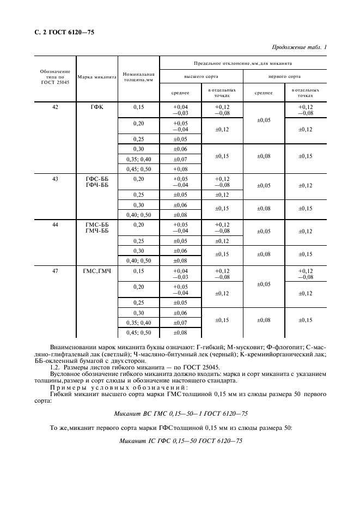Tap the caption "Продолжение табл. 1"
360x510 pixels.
click(x=298, y=47)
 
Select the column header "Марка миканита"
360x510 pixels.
click(x=97, y=77)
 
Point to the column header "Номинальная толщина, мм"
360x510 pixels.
click(x=139, y=77)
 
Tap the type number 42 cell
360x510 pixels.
click(x=55, y=107)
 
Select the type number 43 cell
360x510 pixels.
click(x=55, y=179)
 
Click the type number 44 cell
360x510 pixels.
click(x=55, y=224)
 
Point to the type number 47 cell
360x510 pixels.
click(x=55, y=271)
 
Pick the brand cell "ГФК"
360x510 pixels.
click(x=97, y=107)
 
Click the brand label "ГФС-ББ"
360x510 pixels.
click(x=97, y=179)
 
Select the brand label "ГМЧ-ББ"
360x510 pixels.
click(x=97, y=231)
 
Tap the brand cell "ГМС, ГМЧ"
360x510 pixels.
click(x=97, y=271)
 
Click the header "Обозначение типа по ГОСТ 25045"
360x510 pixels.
click(x=55, y=77)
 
